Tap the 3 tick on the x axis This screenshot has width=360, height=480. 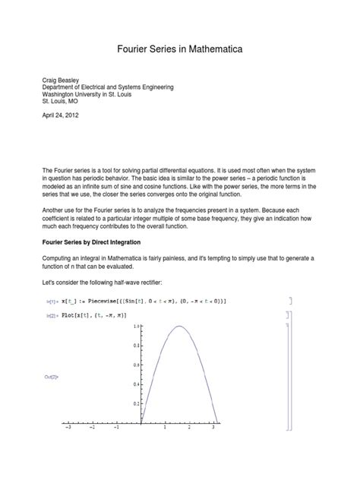point(215,428)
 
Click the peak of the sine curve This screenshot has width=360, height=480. point(179,327)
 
